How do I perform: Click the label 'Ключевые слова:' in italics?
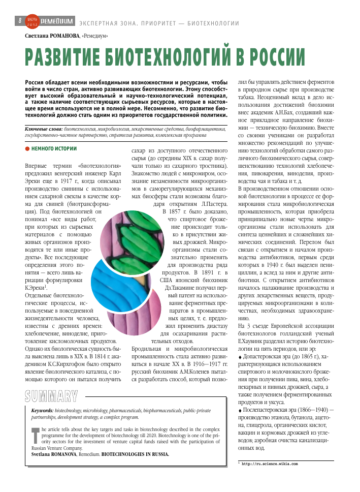(x=44, y=130)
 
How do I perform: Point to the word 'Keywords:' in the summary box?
(x=42, y=410)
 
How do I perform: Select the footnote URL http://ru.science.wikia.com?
(x=269, y=464)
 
